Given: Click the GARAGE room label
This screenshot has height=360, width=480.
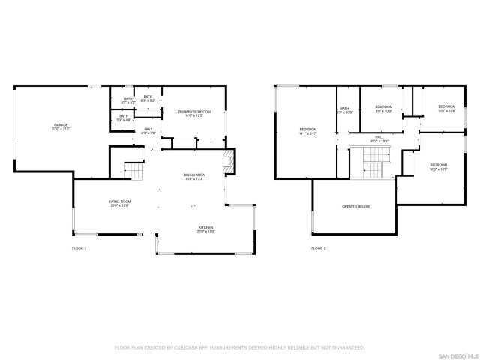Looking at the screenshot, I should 60,124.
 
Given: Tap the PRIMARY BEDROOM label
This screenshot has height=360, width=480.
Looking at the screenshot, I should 194,112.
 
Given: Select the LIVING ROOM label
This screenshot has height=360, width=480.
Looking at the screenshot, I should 120,202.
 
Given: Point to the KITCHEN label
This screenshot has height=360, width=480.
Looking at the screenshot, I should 206,228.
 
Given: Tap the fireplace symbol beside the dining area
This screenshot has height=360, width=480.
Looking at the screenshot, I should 228,160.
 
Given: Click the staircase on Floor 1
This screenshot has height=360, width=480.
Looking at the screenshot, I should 132,171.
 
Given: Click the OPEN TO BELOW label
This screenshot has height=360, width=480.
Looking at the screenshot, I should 355,206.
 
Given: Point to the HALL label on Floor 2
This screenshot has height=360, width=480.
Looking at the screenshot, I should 379,137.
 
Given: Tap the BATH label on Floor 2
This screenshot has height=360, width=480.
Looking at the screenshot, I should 345,108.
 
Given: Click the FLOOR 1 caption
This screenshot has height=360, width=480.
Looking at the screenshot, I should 79,247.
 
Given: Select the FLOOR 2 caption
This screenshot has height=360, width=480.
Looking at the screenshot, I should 319,247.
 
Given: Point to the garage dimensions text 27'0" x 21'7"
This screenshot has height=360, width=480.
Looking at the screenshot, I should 60,129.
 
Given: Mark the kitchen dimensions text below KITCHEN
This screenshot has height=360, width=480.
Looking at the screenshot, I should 206,232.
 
